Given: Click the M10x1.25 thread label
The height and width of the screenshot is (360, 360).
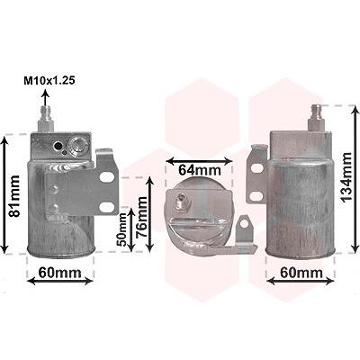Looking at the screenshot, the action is point(49,81).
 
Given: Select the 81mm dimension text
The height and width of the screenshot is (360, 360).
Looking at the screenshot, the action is point(14,195).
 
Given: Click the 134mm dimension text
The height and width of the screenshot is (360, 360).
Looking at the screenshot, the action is point(346,177).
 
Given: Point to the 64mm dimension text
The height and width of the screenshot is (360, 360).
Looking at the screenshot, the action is point(200,170).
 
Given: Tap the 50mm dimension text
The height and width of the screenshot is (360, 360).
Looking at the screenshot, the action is point(121,229).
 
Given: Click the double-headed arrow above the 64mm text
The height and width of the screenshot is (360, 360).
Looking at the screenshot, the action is point(200,161).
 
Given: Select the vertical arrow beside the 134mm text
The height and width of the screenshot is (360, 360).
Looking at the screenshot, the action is point(355,180).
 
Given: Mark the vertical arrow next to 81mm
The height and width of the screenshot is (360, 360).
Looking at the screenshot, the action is point(4,194).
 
